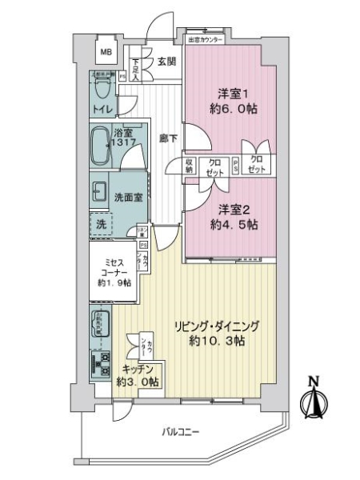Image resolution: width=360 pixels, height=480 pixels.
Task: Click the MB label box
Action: pyautogui.click(x=105, y=53)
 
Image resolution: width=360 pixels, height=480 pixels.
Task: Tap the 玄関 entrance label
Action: pyautogui.click(x=166, y=61)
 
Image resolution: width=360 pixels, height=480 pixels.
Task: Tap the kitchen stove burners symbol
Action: pyautogui.click(x=104, y=367)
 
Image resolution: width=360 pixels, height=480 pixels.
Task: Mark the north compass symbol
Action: pyautogui.click(x=314, y=401)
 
